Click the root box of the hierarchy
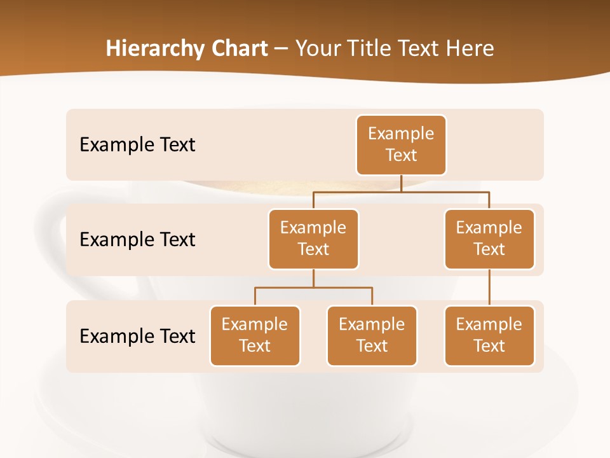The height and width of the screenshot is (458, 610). [x=401, y=145]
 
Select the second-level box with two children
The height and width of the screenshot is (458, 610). [x=313, y=239]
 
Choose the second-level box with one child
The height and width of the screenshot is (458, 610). [x=489, y=239]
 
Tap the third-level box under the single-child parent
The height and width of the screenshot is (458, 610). [x=489, y=336]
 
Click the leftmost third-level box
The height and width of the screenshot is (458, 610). [x=255, y=336]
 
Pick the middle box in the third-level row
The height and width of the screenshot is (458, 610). [x=372, y=336]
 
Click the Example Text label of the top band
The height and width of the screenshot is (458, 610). [x=137, y=145]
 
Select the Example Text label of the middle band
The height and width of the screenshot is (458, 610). [x=137, y=240]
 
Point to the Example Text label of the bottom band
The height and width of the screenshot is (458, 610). [x=137, y=336]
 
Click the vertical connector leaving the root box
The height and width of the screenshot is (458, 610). [x=401, y=183]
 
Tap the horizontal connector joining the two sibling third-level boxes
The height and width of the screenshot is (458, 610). [x=313, y=288]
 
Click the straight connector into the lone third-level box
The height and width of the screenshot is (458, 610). [x=489, y=288]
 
